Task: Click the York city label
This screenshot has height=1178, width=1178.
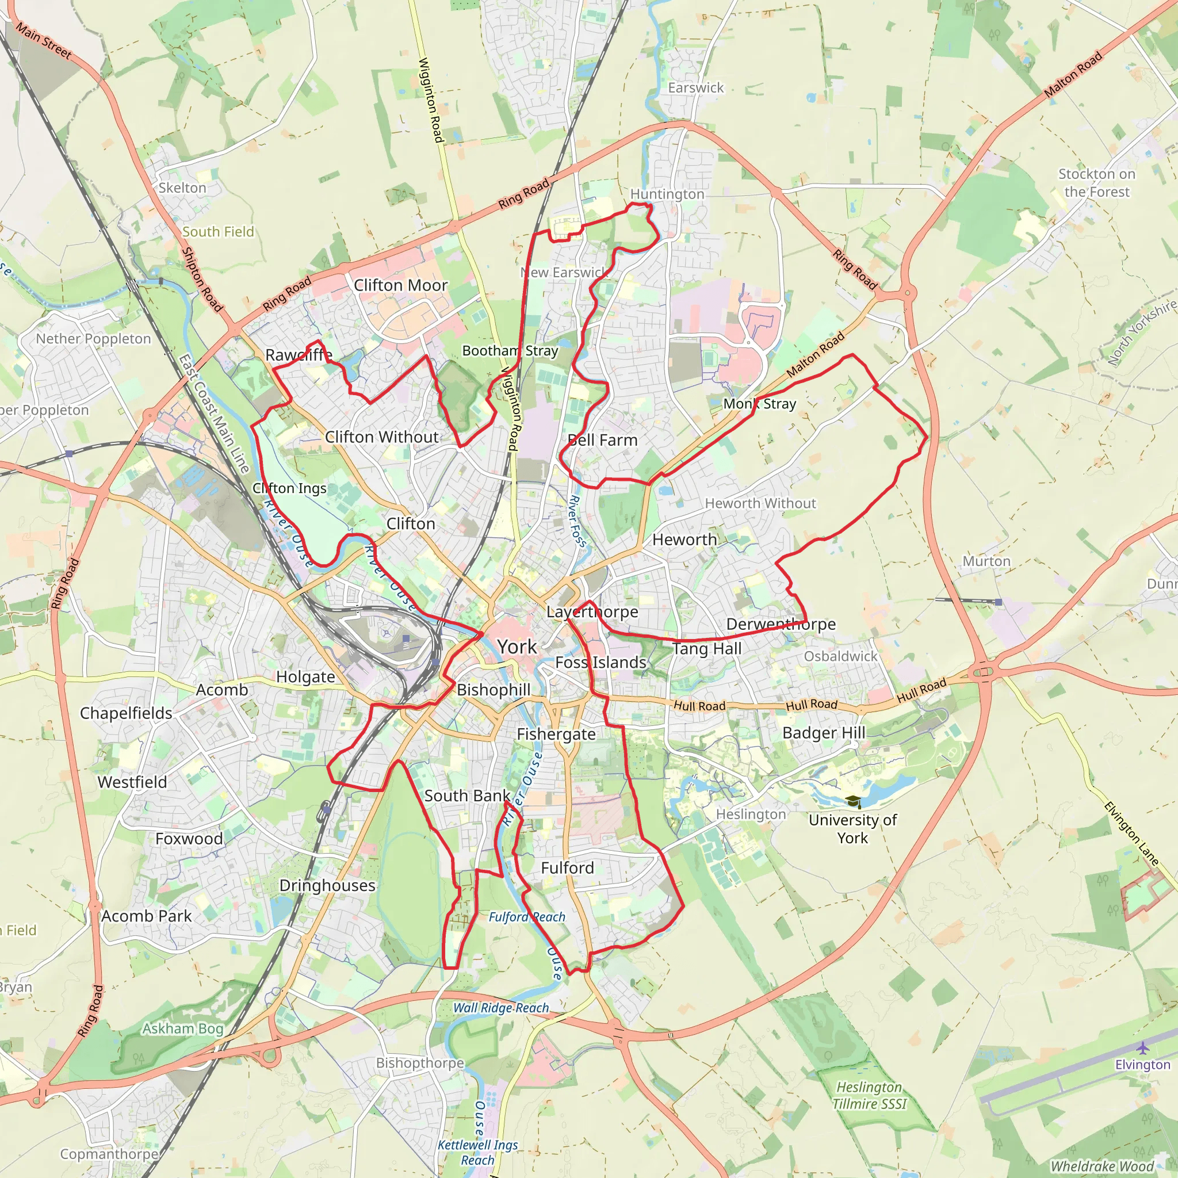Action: pos(517,647)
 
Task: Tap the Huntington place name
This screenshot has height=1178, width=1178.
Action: pos(667,194)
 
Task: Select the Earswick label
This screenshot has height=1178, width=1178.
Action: pos(696,88)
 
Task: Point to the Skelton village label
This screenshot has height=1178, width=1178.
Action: pos(182,188)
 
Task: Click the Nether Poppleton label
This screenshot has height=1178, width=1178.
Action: pos(93,338)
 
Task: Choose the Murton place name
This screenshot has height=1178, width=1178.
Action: pos(986,561)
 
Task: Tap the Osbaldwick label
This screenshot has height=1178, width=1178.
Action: pos(840,656)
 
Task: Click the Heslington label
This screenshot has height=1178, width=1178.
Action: pos(751,814)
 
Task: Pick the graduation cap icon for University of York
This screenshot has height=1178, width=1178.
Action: pos(853,801)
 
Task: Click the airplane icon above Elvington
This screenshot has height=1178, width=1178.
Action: pos(1143,1048)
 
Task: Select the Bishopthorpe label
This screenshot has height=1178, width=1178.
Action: pos(420,1063)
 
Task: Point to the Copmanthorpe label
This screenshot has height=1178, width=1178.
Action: pos(109,1154)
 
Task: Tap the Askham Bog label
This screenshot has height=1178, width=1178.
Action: pos(183,1028)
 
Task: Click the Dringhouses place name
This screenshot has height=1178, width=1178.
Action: pos(327,885)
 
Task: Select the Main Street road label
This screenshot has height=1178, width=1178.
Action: pos(44,41)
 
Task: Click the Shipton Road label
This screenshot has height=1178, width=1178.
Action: pos(202,279)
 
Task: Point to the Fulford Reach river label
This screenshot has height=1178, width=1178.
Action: pos(527,917)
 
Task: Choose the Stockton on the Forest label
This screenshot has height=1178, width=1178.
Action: pos(1097,182)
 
